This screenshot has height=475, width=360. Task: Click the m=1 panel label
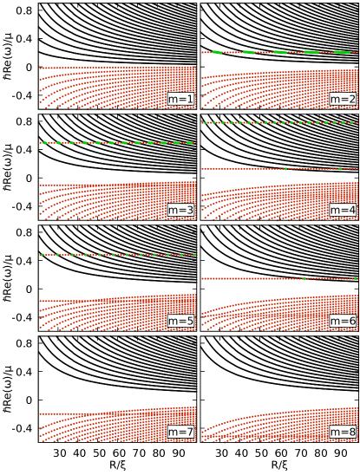click(180, 99)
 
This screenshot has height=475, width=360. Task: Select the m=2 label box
click(343, 99)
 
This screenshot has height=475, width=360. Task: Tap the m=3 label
click(180, 210)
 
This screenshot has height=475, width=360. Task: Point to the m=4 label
click(343, 210)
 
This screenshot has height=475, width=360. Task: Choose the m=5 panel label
click(180, 321)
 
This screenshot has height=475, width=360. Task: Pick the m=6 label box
click(343, 321)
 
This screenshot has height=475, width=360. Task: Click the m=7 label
click(180, 432)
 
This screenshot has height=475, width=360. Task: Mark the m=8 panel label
click(343, 432)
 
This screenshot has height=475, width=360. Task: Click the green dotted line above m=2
click(278, 52)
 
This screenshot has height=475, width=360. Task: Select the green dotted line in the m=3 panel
click(117, 142)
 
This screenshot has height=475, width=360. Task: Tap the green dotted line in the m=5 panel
click(117, 255)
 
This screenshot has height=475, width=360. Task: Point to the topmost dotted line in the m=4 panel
click(278, 122)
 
